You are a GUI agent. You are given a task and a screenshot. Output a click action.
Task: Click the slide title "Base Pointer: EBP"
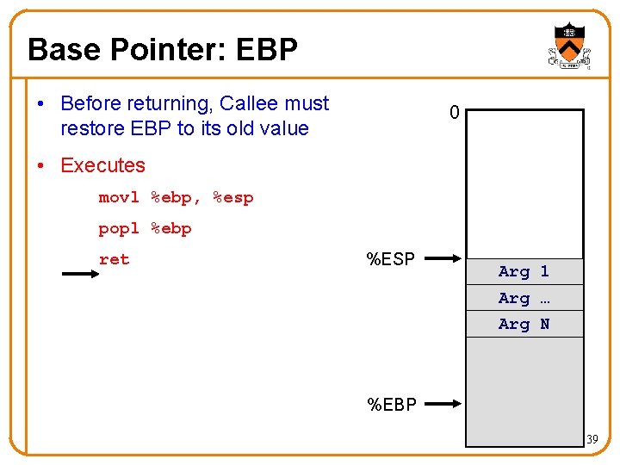coord(163,50)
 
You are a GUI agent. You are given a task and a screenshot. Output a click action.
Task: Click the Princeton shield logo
coord(569,46)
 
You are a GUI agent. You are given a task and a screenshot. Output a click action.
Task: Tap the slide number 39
coord(592,440)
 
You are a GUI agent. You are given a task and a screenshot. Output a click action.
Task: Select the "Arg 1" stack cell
coord(524,271)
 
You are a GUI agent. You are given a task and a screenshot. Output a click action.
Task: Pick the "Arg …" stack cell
coord(524,298)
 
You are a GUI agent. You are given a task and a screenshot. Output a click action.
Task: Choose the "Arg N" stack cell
coord(524,324)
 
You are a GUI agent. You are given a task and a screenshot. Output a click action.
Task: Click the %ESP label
coord(391,259)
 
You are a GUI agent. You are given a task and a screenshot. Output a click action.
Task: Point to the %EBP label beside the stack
coord(392,405)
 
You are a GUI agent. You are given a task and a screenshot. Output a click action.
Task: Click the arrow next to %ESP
coord(444,258)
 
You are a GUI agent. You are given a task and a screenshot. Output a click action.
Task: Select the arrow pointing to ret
coord(81,275)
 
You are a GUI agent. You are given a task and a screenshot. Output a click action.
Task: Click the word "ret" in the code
coord(114,259)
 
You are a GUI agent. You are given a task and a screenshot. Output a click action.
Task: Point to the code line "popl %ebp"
coord(145,228)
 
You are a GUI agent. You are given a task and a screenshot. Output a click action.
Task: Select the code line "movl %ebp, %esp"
coord(176,197)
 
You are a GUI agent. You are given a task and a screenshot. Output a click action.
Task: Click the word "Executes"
coord(102,165)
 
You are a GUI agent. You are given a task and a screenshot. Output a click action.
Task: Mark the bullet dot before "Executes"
coord(41,165)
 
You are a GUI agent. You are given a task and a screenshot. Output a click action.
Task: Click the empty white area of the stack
coord(524,181)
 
